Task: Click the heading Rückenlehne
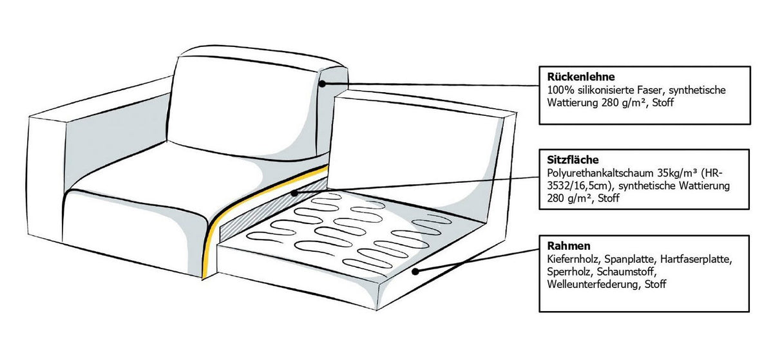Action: [x=581, y=77]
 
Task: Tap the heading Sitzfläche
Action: [x=573, y=160]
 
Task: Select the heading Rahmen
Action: [x=569, y=246]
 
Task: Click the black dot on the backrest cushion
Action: [x=322, y=84]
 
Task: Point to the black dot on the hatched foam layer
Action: [x=294, y=193]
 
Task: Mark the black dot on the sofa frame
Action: [x=415, y=272]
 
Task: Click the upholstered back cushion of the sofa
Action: [x=242, y=107]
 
